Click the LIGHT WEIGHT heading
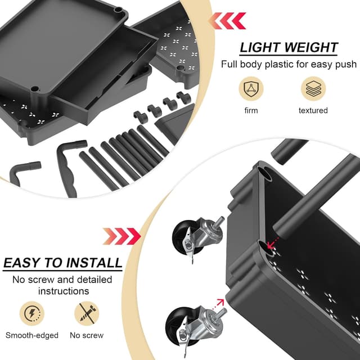[x=289, y=47]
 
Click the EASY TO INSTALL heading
[x=62, y=263]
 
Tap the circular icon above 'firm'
[x=251, y=89]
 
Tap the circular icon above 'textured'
[x=313, y=89]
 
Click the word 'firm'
[x=251, y=110]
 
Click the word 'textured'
[x=313, y=110]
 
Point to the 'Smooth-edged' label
[x=32, y=335]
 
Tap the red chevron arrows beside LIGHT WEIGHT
[x=227, y=21]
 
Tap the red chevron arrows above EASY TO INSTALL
[x=121, y=236]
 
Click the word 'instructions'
[x=63, y=291]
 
